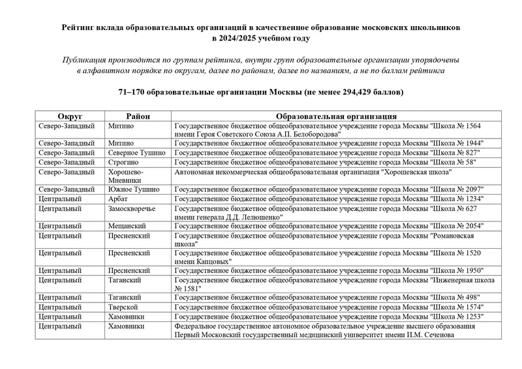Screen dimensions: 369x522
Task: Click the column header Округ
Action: pos(70,116)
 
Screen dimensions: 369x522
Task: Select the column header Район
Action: pos(138,116)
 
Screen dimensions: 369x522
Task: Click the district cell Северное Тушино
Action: pos(137,152)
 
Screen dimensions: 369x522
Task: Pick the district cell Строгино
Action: pos(124,161)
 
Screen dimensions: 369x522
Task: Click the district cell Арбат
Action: pos(119,198)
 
